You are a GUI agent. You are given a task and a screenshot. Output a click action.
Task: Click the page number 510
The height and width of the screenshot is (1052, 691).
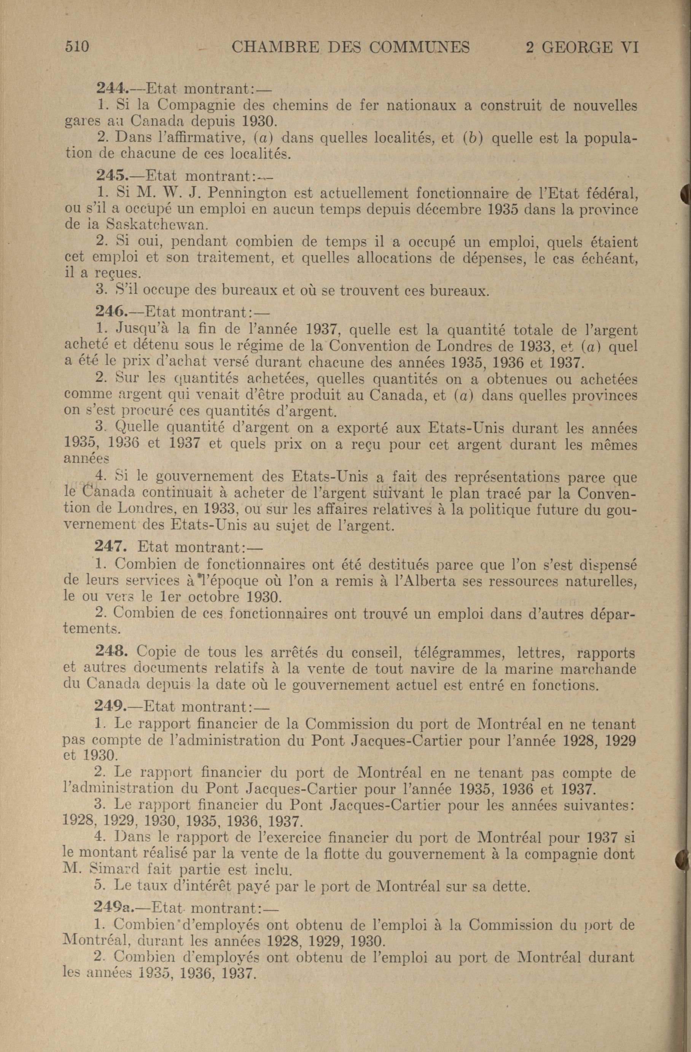point(77,46)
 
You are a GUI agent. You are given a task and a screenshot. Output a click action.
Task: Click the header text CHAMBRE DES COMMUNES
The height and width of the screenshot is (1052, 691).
point(350,47)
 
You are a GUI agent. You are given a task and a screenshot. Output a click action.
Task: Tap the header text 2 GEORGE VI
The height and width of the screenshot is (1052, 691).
point(582,47)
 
